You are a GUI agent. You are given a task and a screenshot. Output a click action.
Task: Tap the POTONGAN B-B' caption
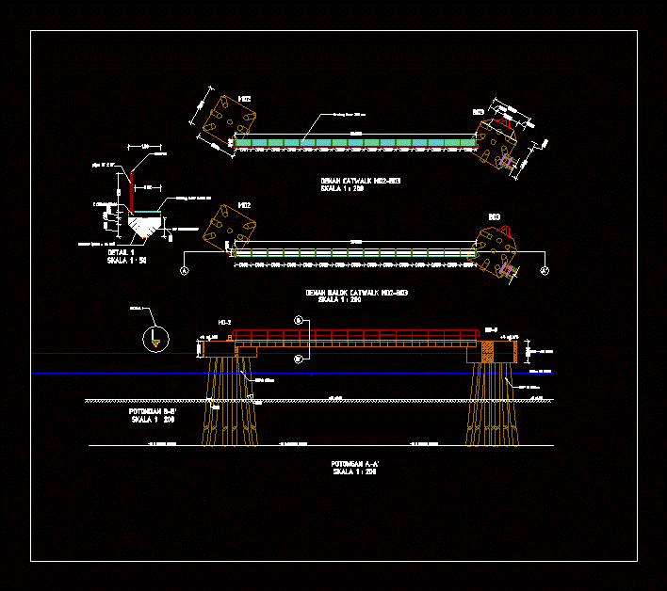click(x=154, y=411)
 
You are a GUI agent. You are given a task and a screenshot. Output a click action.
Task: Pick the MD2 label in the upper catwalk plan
click(x=243, y=99)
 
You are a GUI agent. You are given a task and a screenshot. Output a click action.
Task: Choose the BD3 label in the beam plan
click(x=493, y=217)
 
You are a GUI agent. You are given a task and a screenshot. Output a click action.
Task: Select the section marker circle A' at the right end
click(x=545, y=271)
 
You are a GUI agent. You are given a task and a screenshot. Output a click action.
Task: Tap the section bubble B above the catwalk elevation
click(x=299, y=321)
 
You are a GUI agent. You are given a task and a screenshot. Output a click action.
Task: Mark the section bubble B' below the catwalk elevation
click(x=299, y=359)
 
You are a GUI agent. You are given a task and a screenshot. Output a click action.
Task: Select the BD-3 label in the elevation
click(x=491, y=329)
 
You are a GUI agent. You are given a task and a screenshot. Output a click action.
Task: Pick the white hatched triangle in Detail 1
click(x=144, y=228)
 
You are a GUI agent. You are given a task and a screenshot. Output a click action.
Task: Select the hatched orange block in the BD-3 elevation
click(x=488, y=351)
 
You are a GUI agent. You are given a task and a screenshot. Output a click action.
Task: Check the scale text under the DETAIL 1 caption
click(x=127, y=260)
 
